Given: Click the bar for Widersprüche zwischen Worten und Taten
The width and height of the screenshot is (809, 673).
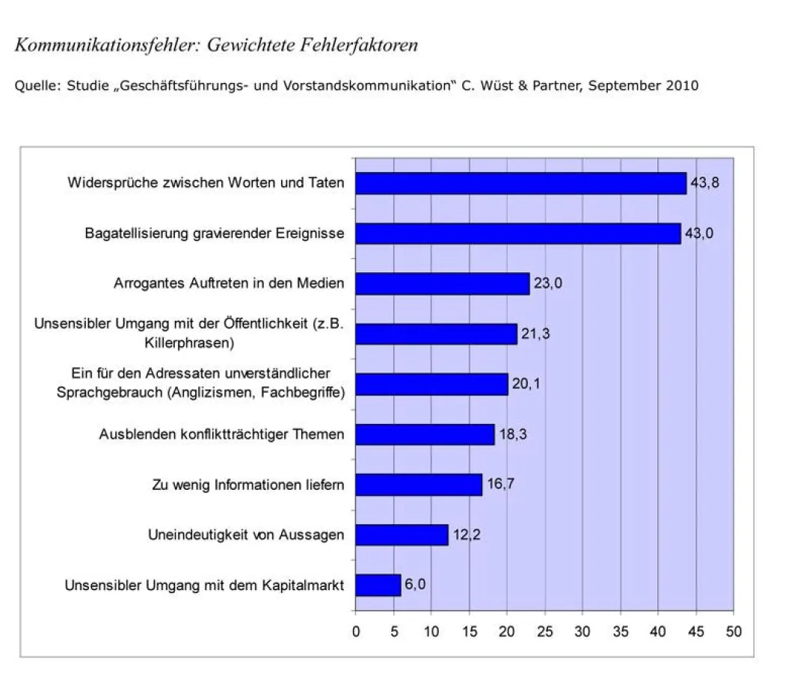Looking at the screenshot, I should coord(520,183).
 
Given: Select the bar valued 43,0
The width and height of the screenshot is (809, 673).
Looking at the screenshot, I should coord(517,233).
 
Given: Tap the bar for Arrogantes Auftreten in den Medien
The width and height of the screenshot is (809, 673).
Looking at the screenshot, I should coord(442,284).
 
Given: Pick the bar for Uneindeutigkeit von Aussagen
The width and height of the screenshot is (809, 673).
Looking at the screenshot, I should coord(402,535).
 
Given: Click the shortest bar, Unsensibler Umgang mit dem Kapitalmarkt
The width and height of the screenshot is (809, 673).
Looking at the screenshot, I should coord(378,585).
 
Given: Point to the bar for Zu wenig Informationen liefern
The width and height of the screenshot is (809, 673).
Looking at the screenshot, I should coord(419,485).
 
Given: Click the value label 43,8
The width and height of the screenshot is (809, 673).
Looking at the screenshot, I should coord(704,182).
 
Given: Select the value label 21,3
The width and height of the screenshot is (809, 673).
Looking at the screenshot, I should coord(535,334).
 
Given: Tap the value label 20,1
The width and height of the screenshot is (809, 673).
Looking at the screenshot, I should coord(526,384).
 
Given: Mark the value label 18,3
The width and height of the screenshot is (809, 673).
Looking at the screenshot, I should coord(512,434).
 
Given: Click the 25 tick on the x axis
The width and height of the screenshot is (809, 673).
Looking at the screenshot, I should coord(545,632).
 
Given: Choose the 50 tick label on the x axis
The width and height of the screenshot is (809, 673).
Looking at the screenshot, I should coord(733,632).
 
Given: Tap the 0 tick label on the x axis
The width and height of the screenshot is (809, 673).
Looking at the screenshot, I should coord(356,632).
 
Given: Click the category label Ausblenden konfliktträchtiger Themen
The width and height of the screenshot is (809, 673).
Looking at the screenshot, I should coord(222,434).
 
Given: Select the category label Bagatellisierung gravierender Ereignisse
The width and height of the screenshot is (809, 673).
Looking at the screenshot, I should coord(215,233).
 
